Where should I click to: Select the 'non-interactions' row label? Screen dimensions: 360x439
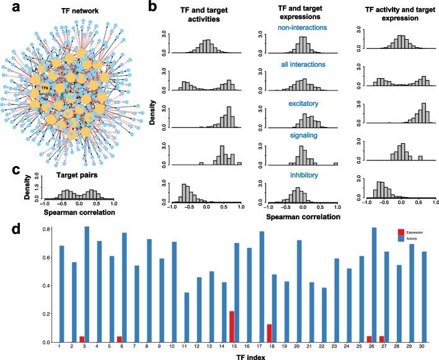point(304,29)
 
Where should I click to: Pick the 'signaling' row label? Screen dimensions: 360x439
point(304,134)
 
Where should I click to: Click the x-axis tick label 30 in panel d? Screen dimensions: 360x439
point(425,346)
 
